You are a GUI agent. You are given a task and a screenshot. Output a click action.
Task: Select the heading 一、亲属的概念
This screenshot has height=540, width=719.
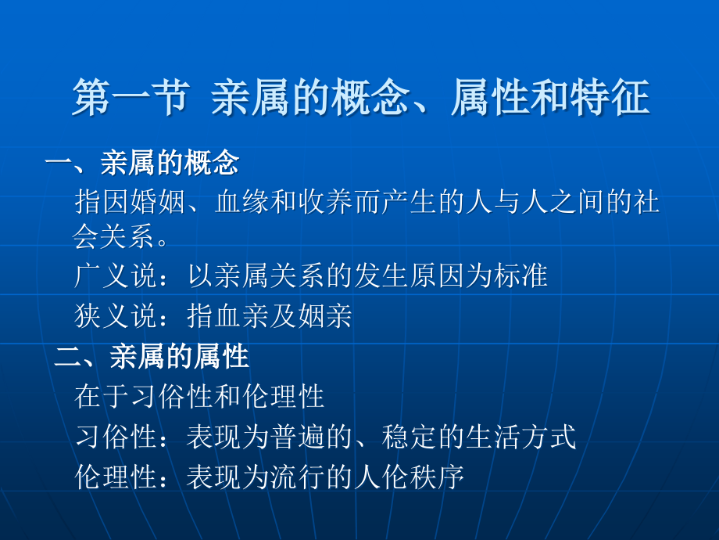(141, 164)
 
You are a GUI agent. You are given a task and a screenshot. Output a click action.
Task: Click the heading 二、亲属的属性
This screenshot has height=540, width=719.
(152, 357)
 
